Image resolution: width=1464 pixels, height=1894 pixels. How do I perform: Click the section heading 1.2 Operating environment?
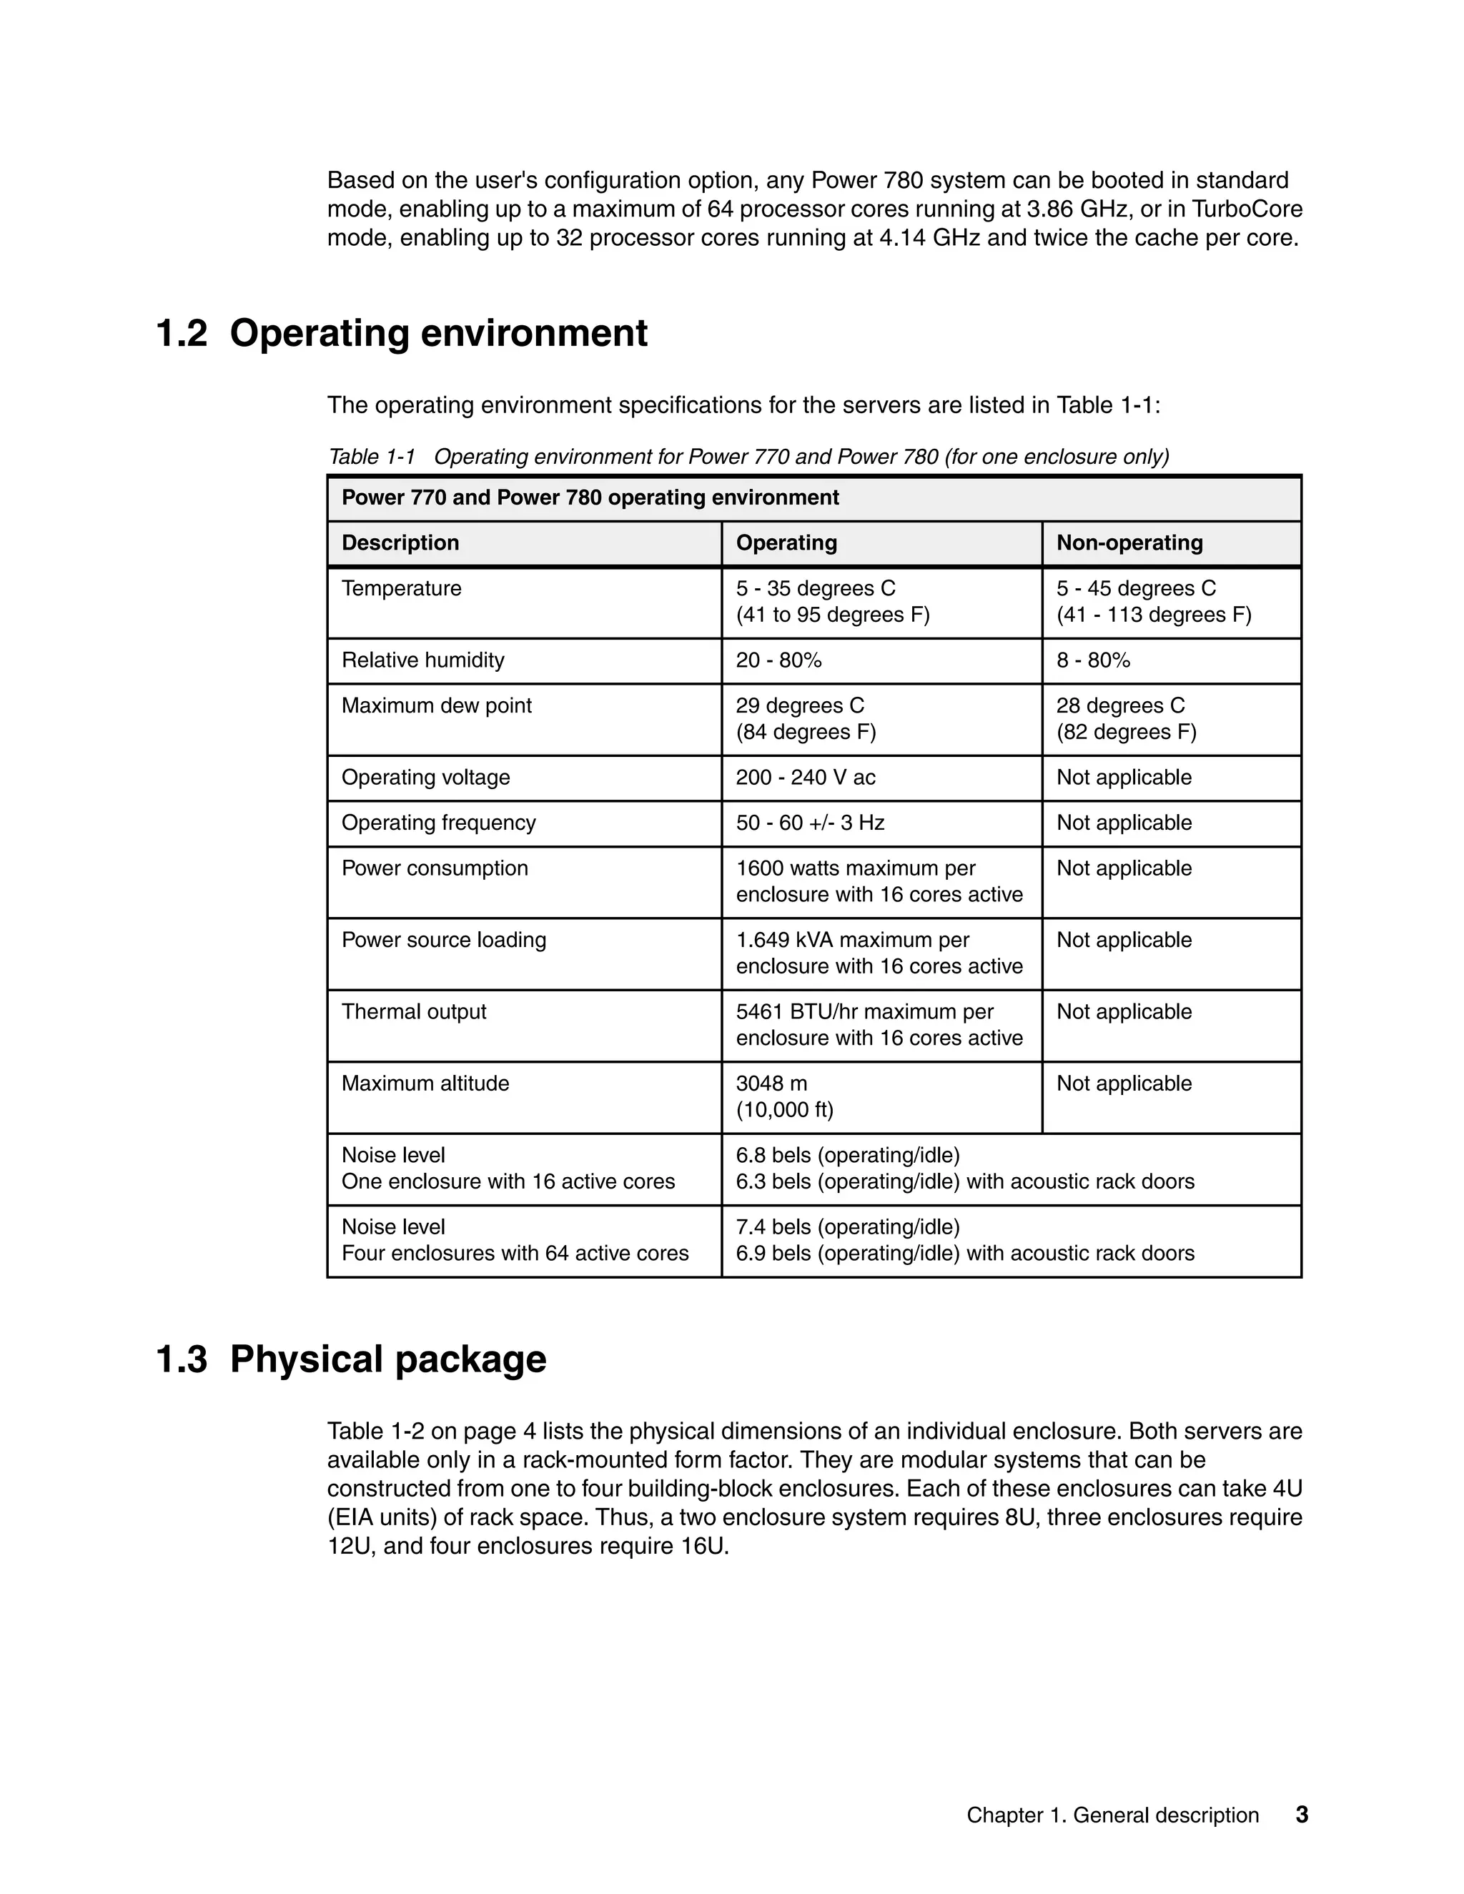(x=401, y=334)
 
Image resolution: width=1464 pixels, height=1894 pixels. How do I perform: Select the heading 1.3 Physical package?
(x=350, y=1359)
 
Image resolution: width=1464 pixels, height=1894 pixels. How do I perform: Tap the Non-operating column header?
(x=1129, y=543)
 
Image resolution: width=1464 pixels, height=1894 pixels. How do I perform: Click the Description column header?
(x=400, y=543)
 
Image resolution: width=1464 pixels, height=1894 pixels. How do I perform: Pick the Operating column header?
(x=786, y=543)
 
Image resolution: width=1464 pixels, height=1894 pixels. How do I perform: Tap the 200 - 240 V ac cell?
(x=805, y=777)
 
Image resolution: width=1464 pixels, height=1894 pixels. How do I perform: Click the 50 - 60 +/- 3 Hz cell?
(x=809, y=822)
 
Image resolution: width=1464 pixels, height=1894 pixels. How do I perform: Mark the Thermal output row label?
(x=414, y=1011)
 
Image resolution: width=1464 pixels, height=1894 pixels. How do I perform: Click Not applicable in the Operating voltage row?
(x=1123, y=777)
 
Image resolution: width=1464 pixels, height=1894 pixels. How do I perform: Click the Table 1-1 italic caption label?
(x=372, y=457)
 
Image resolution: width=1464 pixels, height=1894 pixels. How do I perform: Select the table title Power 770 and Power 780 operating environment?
(x=590, y=497)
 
